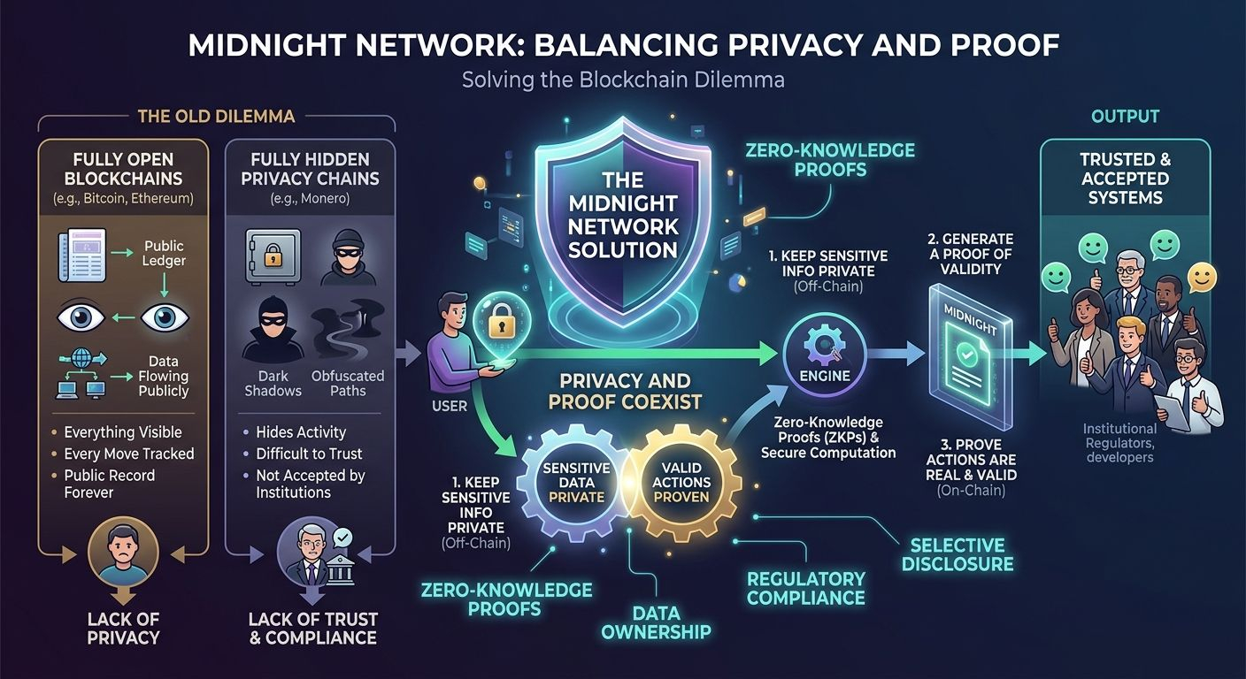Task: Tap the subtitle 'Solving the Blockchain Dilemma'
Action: click(623, 80)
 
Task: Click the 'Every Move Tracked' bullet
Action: click(128, 454)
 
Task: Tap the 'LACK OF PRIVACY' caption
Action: click(123, 628)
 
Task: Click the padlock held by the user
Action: click(498, 324)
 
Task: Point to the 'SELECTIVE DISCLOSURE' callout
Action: click(957, 554)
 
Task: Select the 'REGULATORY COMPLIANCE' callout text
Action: click(805, 588)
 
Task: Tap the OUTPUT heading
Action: click(1125, 116)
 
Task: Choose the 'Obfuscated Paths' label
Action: click(348, 383)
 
